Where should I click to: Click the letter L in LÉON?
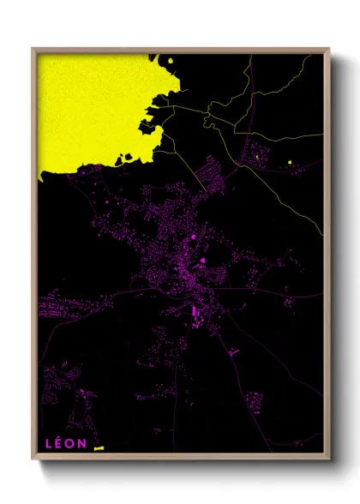coord(50,443)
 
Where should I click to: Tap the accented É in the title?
coord(60,443)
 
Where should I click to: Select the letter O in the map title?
coord(71,443)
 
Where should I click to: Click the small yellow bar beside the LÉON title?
coord(98,447)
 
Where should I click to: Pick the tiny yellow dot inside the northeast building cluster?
coord(257,157)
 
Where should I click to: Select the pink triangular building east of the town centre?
coord(202,261)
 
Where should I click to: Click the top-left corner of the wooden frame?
coord(33,49)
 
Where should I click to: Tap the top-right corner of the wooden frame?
coord(328,49)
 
